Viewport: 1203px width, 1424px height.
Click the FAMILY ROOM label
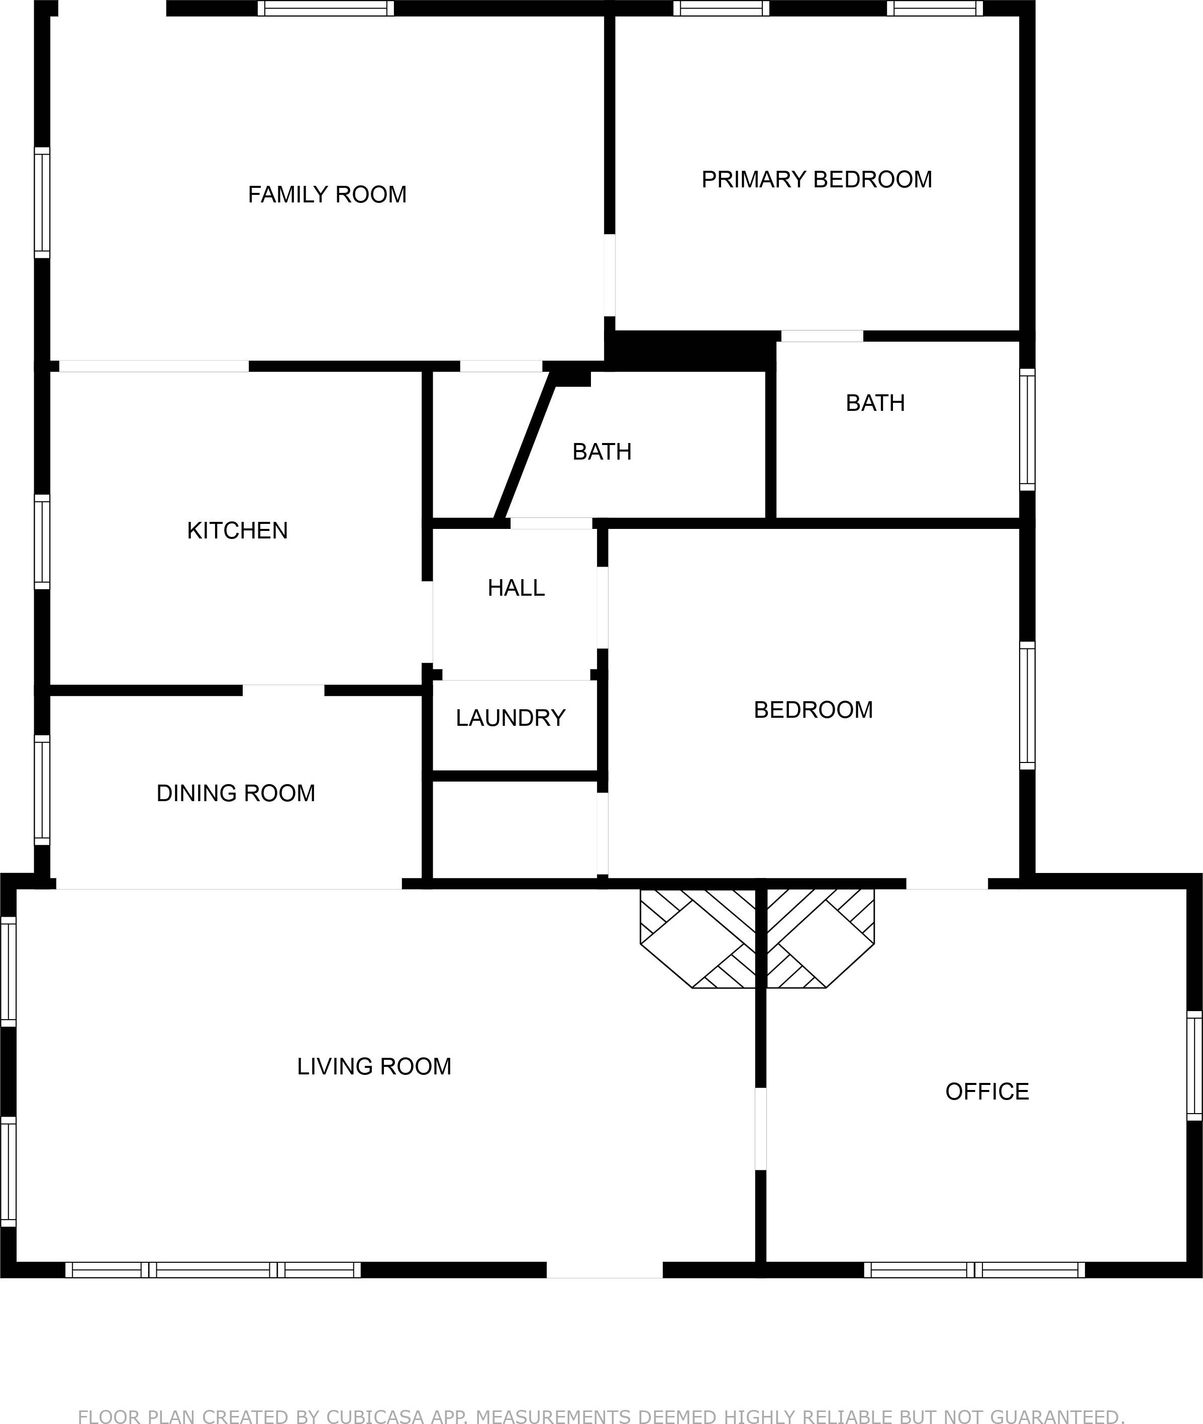pos(327,195)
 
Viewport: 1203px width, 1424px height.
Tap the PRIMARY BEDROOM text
pos(816,179)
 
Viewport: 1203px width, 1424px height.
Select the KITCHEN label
pos(237,530)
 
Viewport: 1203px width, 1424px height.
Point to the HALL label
pos(516,588)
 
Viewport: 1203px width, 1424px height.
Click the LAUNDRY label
pos(510,718)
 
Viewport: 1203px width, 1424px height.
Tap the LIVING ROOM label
pos(374,1066)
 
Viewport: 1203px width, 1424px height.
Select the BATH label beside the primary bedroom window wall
pos(875,403)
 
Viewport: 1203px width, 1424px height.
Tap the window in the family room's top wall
pos(325,8)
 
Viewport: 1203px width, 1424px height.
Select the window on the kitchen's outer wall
pos(42,542)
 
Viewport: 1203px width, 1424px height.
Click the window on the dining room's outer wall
pos(42,790)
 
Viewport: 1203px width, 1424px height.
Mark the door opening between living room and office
pos(760,1128)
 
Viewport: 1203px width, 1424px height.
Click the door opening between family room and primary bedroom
pos(610,275)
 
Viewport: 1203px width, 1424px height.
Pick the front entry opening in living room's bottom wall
pos(604,1270)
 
